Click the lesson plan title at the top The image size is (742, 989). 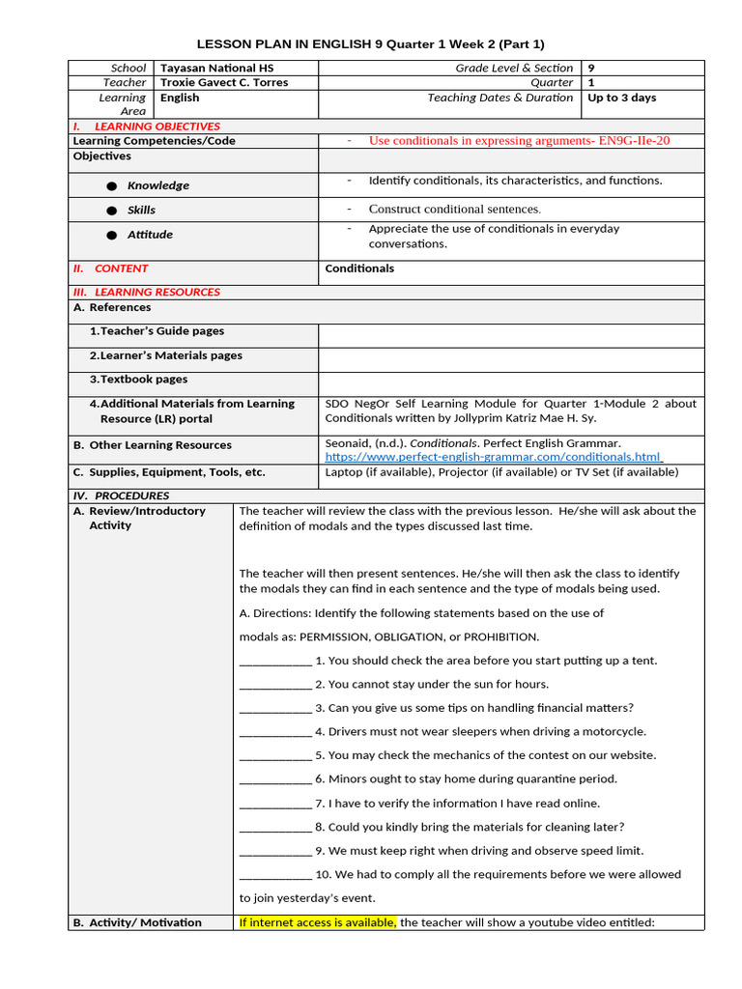coord(371,44)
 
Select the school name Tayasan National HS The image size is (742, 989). coord(210,69)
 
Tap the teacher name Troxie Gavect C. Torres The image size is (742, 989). coord(224,83)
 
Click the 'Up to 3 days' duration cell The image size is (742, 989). coord(622,98)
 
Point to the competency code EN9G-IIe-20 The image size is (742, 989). coord(634,141)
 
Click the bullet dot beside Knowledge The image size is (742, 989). coord(112,185)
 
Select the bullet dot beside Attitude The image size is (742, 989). coord(112,235)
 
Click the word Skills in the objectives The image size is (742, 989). coord(141,210)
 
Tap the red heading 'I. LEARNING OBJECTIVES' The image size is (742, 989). coord(147,127)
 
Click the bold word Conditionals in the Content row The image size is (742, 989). coord(359,268)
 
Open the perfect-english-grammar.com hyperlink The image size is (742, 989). coord(493,457)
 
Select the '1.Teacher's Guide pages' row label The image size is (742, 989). coord(157,331)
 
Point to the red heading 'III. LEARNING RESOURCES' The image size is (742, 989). coord(147,292)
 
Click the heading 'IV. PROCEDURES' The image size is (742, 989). coord(121,495)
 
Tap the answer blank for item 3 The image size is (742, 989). coord(275,709)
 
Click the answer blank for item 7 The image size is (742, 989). coord(275,804)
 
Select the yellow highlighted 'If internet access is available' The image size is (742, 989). coord(318,922)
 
